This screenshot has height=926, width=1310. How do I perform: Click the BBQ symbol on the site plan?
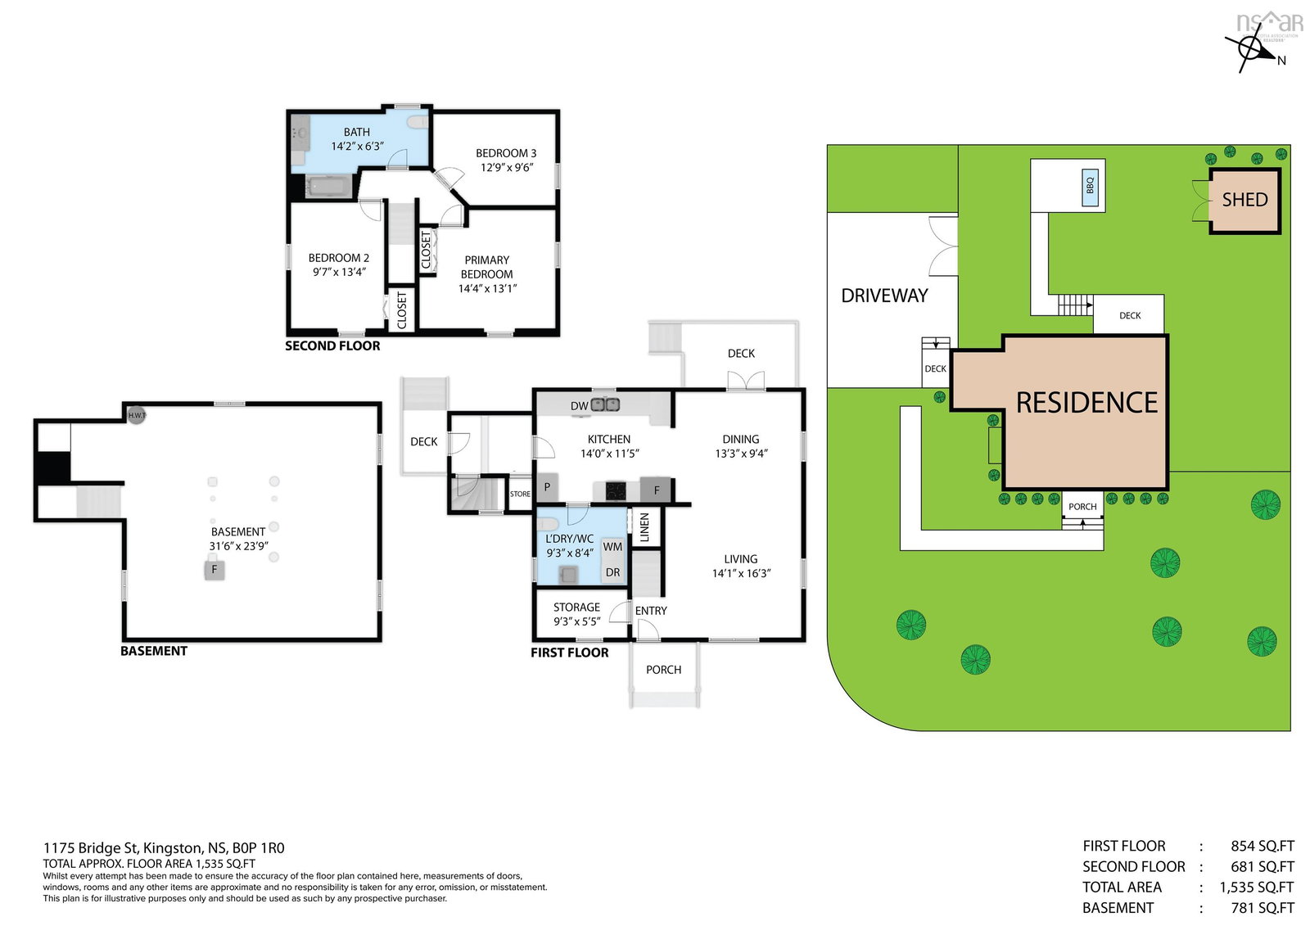1090,187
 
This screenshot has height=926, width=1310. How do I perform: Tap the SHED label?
1245,200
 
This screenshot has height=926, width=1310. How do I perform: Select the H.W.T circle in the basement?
137,415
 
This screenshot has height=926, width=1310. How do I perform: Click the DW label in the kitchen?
579,406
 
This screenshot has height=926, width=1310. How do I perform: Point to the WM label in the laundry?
612,547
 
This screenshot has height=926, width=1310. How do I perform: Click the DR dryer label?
612,572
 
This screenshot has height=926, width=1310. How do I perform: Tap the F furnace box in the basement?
215,569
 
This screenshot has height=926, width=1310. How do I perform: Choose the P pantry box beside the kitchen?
548,487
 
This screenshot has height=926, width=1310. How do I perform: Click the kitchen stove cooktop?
616,490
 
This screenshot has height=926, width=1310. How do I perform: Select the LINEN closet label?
644,527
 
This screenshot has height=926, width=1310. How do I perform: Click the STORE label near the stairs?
520,495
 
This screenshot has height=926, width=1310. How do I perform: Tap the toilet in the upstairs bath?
418,122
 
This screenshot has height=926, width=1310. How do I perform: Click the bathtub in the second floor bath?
328,187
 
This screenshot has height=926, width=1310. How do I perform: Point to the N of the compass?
1281,61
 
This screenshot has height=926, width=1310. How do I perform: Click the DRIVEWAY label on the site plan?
884,296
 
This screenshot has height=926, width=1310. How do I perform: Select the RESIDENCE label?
1086,403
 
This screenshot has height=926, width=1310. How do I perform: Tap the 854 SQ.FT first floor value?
1262,847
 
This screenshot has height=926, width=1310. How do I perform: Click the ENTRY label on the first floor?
651,611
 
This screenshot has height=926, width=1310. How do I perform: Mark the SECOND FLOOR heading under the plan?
332,346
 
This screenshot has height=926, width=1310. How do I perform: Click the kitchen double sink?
605,404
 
